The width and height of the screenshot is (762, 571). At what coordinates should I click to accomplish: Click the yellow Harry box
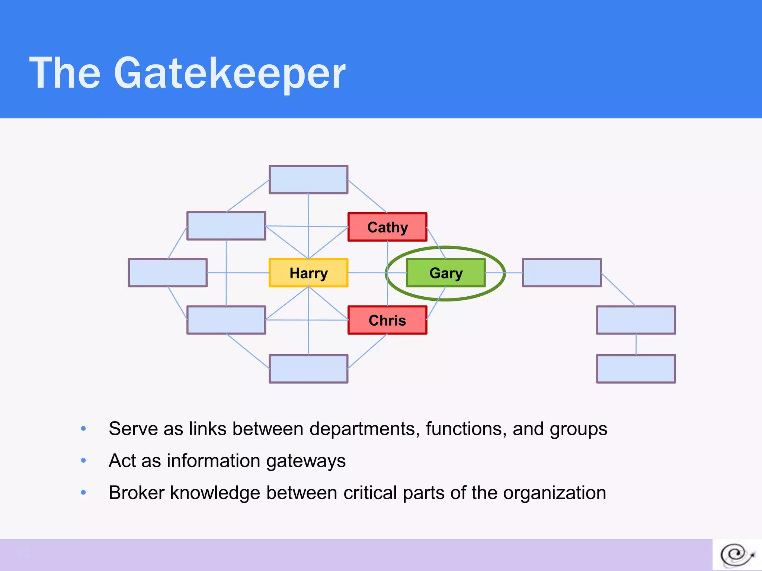[308, 273]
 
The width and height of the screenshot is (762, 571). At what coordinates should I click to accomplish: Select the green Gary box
[446, 273]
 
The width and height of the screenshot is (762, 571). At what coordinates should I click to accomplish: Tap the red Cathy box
[387, 227]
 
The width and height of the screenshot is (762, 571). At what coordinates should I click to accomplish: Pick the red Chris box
[387, 320]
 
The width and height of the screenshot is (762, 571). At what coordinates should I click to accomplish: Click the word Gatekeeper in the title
[230, 73]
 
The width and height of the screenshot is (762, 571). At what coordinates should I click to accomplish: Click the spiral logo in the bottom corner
[737, 555]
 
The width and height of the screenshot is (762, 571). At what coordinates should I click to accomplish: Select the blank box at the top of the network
[308, 180]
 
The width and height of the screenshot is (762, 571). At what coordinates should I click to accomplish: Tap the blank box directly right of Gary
[562, 273]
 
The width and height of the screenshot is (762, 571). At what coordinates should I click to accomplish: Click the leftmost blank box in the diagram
[168, 273]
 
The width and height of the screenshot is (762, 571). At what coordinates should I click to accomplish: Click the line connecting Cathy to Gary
[436, 243]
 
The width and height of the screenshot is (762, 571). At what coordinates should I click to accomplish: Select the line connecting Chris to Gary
[436, 303]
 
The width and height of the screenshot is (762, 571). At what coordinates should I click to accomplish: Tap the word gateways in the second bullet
[306, 461]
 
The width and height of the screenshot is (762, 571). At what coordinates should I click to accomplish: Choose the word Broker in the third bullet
[137, 493]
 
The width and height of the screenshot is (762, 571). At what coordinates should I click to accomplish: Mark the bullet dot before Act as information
[83, 461]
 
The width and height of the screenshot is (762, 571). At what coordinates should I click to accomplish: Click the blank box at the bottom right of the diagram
[636, 369]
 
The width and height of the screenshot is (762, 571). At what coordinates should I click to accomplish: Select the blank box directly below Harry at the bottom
[308, 369]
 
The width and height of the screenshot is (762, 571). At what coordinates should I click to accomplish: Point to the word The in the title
[65, 73]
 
